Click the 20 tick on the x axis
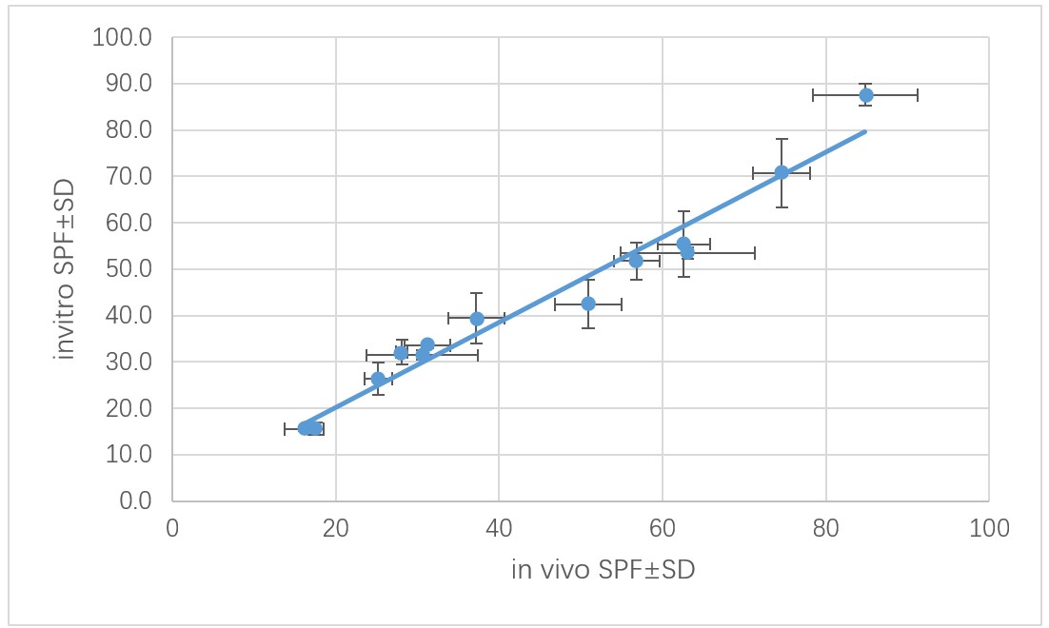[x=335, y=527]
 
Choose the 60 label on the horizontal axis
[x=663, y=527]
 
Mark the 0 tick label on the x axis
[x=172, y=527]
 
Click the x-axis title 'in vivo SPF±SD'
[x=603, y=570]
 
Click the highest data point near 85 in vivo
[x=866, y=95]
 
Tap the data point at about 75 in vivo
[x=782, y=172]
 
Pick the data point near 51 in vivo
[x=588, y=304]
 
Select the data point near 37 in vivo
[x=477, y=319]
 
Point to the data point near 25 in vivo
[x=378, y=379]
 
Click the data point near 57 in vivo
[x=636, y=261]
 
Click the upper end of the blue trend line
[x=864, y=131]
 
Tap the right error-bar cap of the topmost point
[x=918, y=95]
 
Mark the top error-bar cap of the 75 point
[x=782, y=139]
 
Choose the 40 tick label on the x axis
[x=499, y=527]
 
